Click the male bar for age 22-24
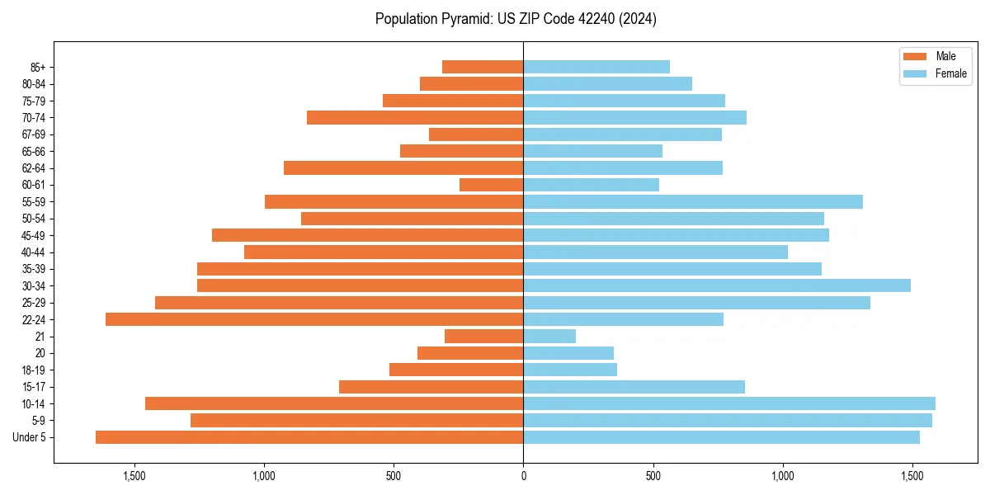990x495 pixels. click(314, 319)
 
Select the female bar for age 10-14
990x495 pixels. click(729, 403)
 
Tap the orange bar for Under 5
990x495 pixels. click(309, 437)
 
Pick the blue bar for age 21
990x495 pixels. click(549, 336)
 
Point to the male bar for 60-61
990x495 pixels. click(492, 185)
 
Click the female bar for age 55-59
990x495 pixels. click(693, 201)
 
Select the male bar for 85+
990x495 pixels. click(483, 67)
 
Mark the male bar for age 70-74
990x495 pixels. click(415, 117)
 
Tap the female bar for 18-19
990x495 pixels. click(570, 370)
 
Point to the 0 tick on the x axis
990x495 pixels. click(523, 476)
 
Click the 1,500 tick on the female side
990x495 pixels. click(912, 476)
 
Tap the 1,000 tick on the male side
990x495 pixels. click(264, 476)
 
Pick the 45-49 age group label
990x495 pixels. click(34, 235)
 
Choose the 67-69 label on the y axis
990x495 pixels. click(34, 134)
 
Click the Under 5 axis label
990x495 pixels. click(30, 437)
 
